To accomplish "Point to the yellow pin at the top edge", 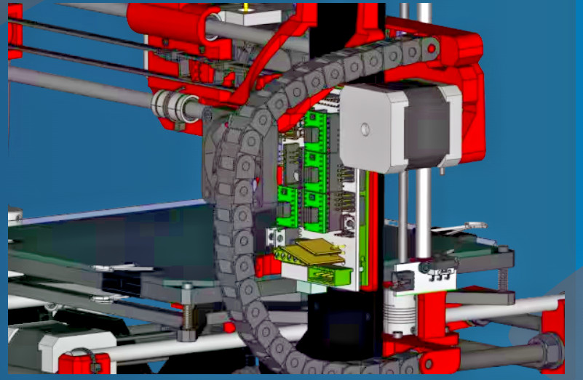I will pyautogui.click(x=246, y=7).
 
